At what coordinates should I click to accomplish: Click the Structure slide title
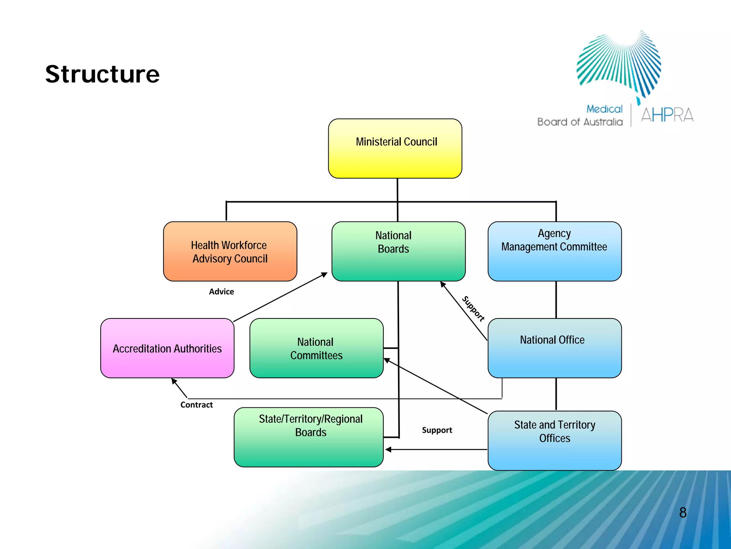[x=102, y=74]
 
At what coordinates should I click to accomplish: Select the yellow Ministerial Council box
[x=395, y=148]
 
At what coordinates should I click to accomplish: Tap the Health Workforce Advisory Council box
[x=230, y=251]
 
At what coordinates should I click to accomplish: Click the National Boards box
[x=398, y=251]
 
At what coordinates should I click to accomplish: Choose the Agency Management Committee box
[x=554, y=251]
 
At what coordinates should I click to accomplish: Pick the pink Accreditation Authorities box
[x=167, y=348]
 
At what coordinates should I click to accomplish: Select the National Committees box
[x=316, y=348]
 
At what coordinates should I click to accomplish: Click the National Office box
[x=554, y=348]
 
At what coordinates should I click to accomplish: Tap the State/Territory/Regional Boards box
[x=309, y=437]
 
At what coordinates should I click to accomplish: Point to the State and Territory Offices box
[x=554, y=440]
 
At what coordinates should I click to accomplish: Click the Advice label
[x=221, y=292]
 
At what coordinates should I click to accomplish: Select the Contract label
[x=196, y=405]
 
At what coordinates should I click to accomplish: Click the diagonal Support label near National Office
[x=473, y=309]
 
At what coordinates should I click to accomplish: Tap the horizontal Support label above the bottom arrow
[x=437, y=430]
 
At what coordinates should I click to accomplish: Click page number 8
[x=682, y=513]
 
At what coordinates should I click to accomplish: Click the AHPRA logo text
[x=667, y=115]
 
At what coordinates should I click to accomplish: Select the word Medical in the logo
[x=604, y=109]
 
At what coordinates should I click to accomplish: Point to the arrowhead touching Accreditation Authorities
[x=174, y=381]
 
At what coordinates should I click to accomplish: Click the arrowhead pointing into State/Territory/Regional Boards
[x=388, y=450]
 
